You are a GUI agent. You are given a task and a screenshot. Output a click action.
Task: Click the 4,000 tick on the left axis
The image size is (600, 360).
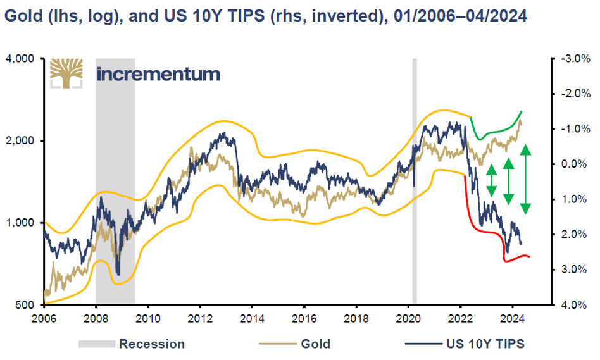(22, 59)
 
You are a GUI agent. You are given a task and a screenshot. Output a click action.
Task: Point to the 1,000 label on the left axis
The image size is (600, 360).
(22, 223)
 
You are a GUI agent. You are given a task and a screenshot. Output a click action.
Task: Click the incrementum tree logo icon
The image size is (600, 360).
(66, 73)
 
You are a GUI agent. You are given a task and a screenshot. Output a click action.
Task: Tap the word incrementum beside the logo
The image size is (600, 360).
(158, 74)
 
